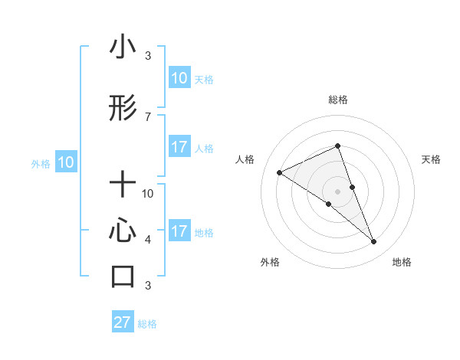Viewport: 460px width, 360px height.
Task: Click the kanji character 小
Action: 123,48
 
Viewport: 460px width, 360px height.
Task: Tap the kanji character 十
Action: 123,185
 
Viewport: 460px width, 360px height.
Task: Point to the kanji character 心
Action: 123,231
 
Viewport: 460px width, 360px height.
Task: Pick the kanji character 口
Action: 123,276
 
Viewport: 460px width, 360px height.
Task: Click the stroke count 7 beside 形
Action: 148,116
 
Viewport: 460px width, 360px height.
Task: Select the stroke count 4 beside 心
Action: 148,240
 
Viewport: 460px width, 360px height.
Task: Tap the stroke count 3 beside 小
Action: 148,56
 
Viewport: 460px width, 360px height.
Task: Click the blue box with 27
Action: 123,322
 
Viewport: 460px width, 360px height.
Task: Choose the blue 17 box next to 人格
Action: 179,147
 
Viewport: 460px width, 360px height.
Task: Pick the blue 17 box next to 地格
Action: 179,231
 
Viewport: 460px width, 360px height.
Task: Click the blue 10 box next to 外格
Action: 65,162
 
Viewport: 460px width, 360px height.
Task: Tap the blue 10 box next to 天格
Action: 179,78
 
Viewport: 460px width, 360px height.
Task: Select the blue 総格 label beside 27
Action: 147,324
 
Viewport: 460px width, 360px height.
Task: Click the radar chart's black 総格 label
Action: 338,100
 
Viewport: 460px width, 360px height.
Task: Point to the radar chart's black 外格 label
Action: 270,262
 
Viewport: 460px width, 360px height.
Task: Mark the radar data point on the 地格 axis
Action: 374,242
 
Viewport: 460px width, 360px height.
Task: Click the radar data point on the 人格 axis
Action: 280,172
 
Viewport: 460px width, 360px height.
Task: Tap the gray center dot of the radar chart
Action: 338,191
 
